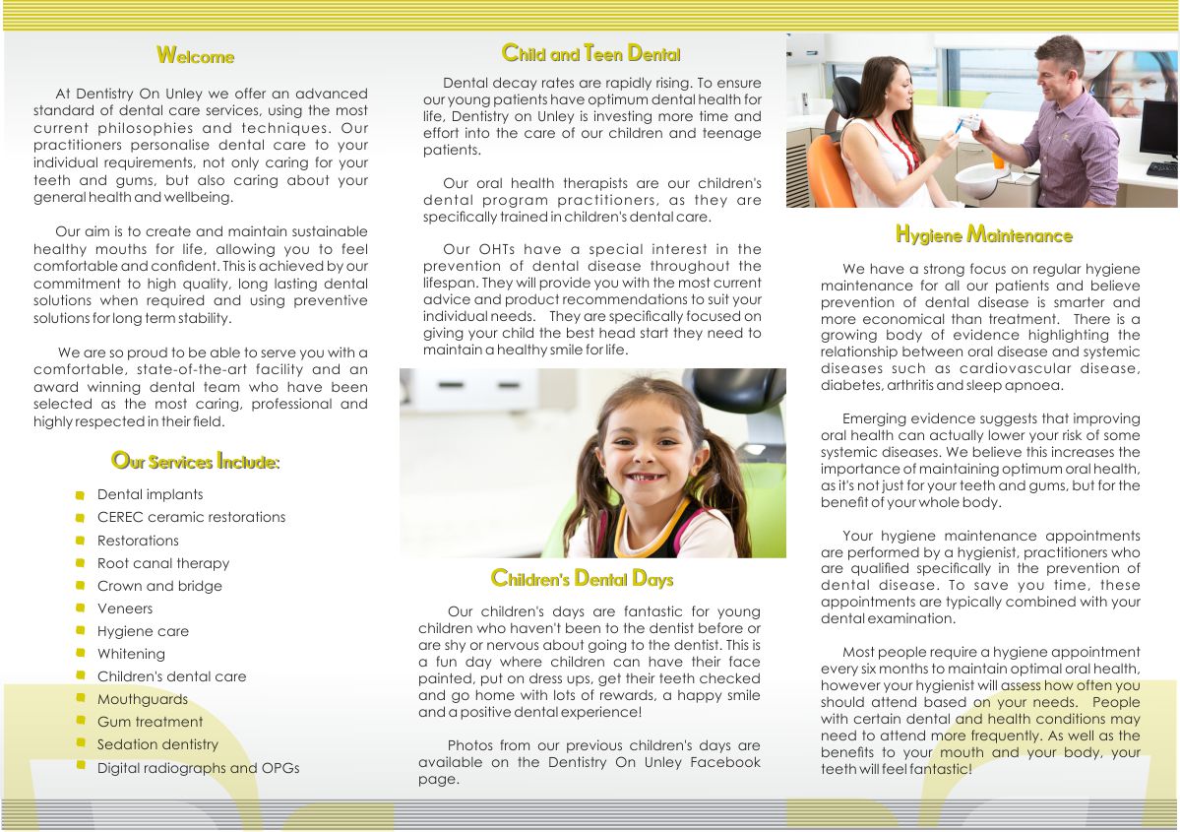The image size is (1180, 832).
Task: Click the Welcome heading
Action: [x=195, y=56]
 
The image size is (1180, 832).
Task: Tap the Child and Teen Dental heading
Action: [x=590, y=53]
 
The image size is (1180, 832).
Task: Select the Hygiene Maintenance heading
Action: [x=983, y=234]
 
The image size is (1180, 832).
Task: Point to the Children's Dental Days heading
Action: [x=582, y=578]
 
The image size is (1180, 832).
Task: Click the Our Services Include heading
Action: [x=195, y=461]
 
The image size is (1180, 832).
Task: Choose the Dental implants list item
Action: [x=150, y=494]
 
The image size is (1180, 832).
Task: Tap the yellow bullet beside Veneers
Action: [x=80, y=609]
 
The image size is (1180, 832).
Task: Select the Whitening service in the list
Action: [x=131, y=654]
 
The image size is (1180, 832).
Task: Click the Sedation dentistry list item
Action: [x=157, y=744]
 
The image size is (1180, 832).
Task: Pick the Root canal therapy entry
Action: [x=162, y=563]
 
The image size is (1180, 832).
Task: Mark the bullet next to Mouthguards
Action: [x=80, y=700]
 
